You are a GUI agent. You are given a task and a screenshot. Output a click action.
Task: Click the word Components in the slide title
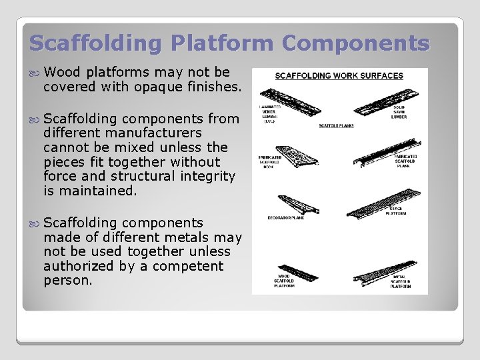point(355,43)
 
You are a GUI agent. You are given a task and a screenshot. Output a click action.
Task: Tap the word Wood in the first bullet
point(63,72)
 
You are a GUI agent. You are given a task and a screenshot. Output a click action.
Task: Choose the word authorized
point(78,266)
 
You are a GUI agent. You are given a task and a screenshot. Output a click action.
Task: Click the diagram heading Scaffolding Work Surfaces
point(339,75)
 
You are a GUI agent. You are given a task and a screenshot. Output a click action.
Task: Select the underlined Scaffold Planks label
point(336,125)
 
